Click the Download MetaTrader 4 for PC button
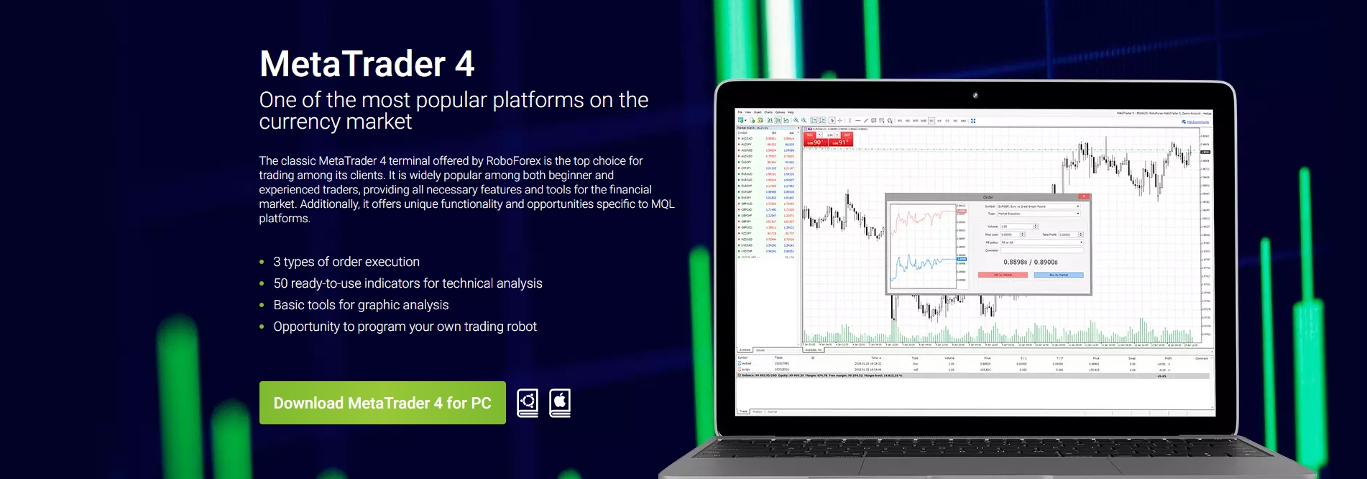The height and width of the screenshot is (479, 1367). (x=382, y=403)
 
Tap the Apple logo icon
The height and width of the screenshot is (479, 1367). (x=560, y=402)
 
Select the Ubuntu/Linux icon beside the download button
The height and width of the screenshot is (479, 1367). (x=528, y=402)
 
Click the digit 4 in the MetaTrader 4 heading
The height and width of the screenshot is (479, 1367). (x=464, y=64)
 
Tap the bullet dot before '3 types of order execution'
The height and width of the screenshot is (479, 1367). (x=262, y=263)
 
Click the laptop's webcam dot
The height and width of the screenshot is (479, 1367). (x=975, y=95)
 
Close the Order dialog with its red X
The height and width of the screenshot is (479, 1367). (x=1084, y=196)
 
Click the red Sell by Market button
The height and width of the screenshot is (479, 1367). (x=1003, y=275)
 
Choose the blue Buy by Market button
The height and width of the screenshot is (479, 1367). (x=1058, y=275)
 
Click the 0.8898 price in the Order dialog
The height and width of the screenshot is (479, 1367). (x=1015, y=263)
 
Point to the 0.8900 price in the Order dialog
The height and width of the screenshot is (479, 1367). (x=1046, y=263)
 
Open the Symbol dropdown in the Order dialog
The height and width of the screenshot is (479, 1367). (x=1039, y=206)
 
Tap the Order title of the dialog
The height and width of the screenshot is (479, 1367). (x=988, y=197)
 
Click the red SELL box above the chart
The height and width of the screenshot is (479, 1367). (x=810, y=135)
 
